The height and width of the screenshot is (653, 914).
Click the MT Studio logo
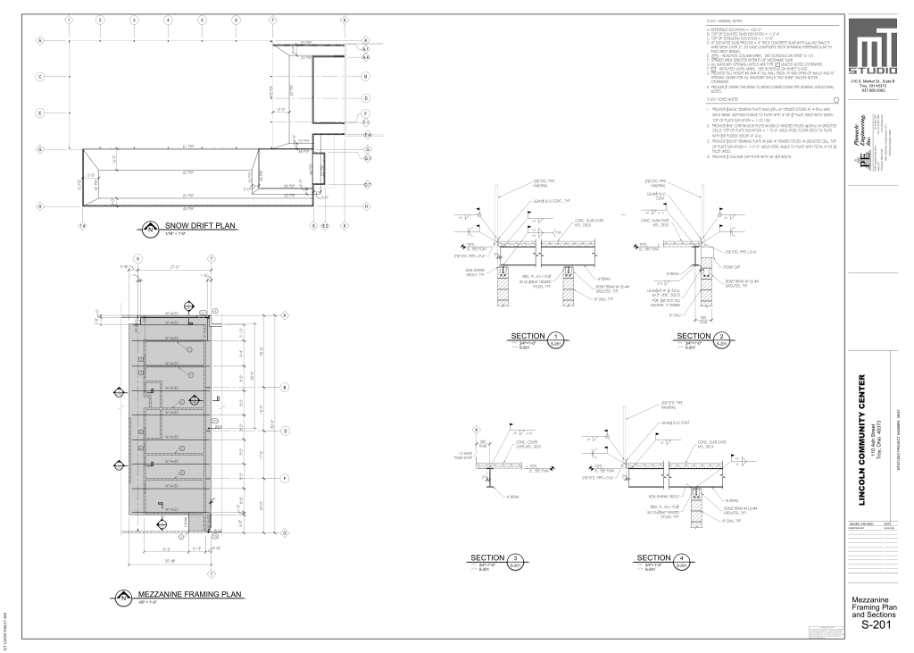[875, 49]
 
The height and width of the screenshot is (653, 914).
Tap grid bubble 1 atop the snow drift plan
[70, 19]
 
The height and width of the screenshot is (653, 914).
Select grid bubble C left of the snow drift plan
[40, 76]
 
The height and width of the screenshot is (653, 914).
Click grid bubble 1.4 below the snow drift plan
[83, 226]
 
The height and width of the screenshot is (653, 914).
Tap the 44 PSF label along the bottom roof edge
[188, 208]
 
